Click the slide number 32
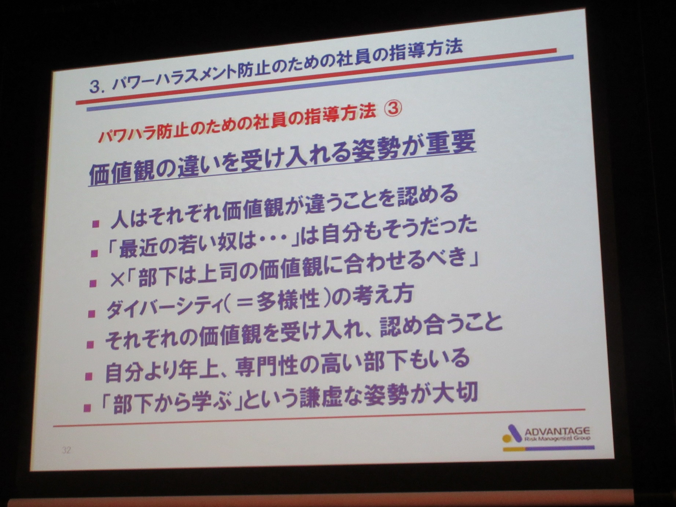click(66, 450)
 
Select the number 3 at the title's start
click(95, 87)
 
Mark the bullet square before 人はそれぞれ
click(96, 224)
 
